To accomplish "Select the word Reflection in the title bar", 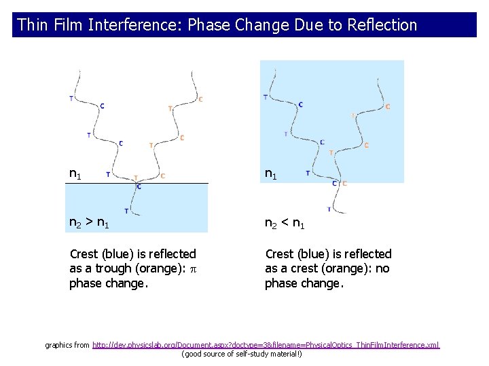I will [x=382, y=25].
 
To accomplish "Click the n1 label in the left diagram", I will [x=75, y=174].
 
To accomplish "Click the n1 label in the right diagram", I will [x=271, y=175].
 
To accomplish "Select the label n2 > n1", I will [x=90, y=222].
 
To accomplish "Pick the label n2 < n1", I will [x=285, y=222].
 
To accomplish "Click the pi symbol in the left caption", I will [x=192, y=268].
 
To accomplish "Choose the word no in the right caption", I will [x=383, y=268].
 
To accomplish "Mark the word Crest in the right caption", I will [x=280, y=254].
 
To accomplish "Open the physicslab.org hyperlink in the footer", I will [x=266, y=346].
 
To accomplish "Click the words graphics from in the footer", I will [x=67, y=346].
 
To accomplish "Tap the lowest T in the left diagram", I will [x=126, y=210].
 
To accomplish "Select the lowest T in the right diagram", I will [x=329, y=209].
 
